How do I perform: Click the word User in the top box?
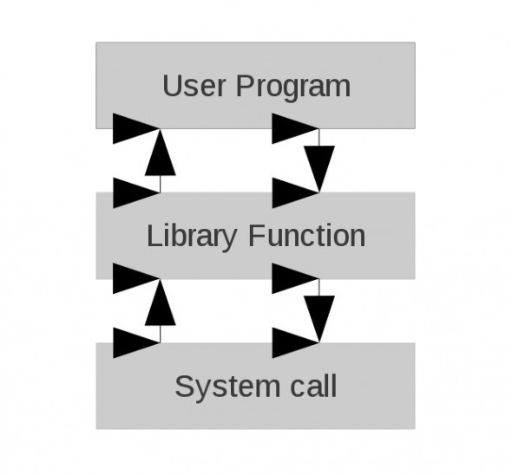[194, 86]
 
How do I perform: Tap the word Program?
[293, 88]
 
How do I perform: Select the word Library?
[192, 236]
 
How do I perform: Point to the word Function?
[307, 235]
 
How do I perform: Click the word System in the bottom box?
[227, 387]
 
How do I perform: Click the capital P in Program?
[246, 86]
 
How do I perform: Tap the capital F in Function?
[258, 235]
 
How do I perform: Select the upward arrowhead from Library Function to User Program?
[160, 153]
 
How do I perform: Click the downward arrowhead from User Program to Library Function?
[319, 169]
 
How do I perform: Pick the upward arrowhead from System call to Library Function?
[160, 303]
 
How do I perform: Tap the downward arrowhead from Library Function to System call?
[319, 319]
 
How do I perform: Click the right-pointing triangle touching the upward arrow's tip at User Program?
[136, 128]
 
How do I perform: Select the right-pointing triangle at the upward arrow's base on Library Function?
[136, 192]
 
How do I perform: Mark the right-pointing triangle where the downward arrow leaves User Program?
[295, 128]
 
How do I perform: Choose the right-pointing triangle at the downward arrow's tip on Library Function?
[295, 192]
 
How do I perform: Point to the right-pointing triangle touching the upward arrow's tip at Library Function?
[136, 278]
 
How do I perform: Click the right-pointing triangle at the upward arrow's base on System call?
[136, 343]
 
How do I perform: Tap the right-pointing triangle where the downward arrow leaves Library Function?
[295, 278]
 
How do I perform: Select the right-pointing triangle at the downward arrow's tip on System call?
[295, 343]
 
